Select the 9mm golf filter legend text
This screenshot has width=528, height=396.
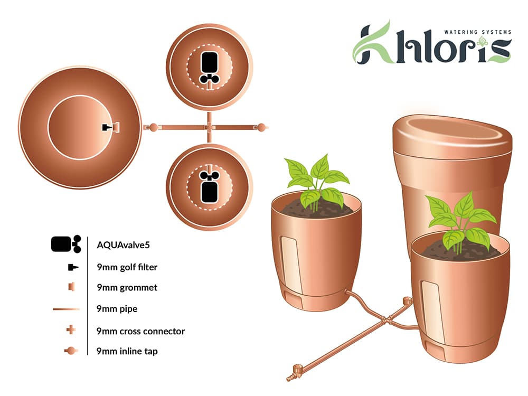pyautogui.click(x=127, y=267)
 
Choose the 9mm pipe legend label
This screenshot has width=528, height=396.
pyautogui.click(x=117, y=308)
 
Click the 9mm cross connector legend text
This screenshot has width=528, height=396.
pyautogui.click(x=140, y=331)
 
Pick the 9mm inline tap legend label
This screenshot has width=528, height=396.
pyautogui.click(x=127, y=351)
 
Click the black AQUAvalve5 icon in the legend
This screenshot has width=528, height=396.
pyautogui.click(x=65, y=244)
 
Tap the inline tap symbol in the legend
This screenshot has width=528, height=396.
pyautogui.click(x=70, y=351)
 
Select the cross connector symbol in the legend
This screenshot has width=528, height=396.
pyautogui.click(x=71, y=331)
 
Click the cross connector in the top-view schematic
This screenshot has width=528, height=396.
pyautogui.click(x=210, y=127)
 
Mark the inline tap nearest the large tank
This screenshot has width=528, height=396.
pyautogui.click(x=153, y=127)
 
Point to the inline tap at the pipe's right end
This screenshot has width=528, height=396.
pyautogui.click(x=261, y=127)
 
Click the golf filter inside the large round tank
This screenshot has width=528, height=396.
pyautogui.click(x=108, y=127)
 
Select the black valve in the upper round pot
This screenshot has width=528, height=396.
pyautogui.click(x=210, y=67)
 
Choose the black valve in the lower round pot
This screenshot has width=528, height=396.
pyautogui.click(x=210, y=187)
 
